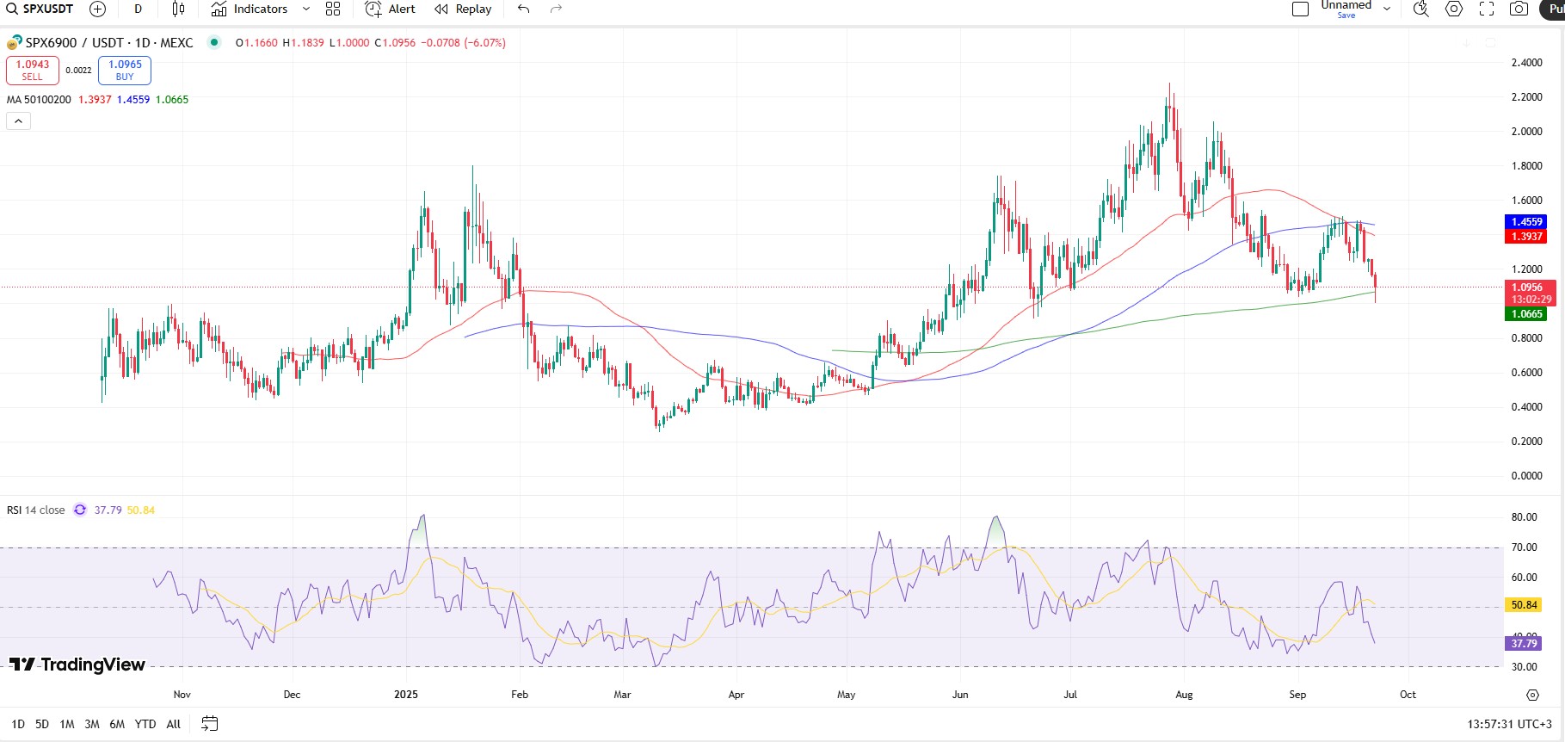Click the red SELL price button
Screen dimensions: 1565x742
click(33, 71)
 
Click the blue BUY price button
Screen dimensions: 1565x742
click(125, 71)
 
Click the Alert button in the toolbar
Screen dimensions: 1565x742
click(390, 9)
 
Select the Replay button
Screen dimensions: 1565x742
click(463, 9)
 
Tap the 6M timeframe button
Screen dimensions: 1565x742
click(117, 724)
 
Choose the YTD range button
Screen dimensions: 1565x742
click(145, 724)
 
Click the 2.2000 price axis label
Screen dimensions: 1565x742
click(1526, 97)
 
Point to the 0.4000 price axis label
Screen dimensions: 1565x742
click(1526, 407)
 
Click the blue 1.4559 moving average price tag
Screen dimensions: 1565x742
click(1526, 222)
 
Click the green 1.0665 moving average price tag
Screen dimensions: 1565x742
click(1526, 314)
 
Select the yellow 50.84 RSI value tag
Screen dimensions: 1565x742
click(1524, 605)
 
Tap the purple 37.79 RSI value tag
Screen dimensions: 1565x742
click(1524, 643)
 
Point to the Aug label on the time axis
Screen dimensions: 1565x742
click(1184, 695)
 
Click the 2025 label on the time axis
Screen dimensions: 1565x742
click(406, 695)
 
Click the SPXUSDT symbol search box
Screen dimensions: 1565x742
click(40, 9)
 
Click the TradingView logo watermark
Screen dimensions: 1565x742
click(77, 665)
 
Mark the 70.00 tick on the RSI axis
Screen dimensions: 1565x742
click(1524, 547)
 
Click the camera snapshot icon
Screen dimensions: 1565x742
click(1519, 9)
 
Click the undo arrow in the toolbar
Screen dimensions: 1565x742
click(523, 9)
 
